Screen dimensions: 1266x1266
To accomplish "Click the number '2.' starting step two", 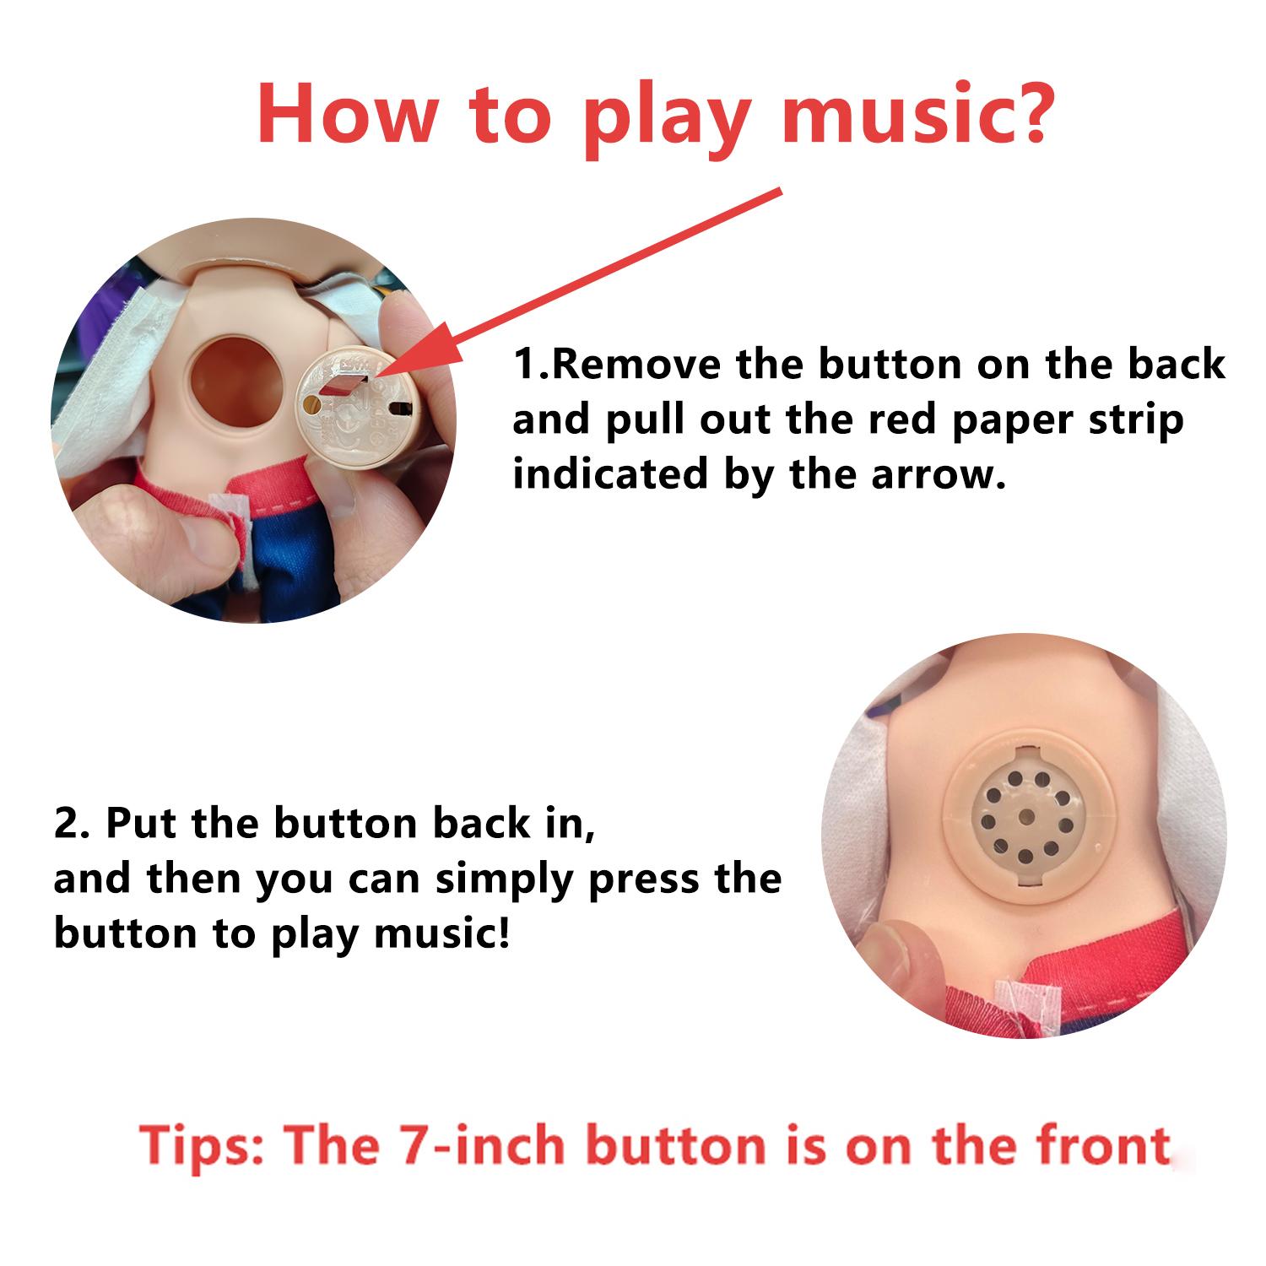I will click(72, 824).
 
